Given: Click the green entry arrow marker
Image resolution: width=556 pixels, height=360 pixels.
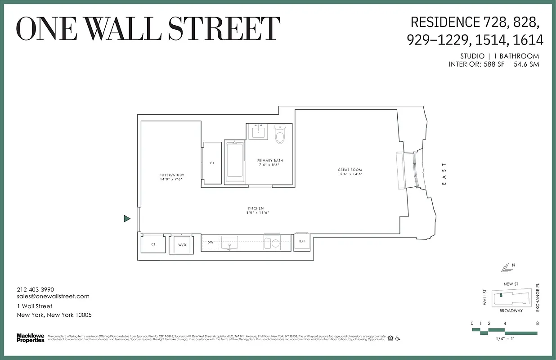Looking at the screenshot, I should tap(127, 219).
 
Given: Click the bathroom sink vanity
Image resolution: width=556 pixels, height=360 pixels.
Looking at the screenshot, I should tap(259, 131).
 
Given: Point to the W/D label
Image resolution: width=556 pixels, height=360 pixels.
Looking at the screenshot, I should tap(182, 245).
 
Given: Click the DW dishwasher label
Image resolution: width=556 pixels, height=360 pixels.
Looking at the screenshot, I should tap(210, 243).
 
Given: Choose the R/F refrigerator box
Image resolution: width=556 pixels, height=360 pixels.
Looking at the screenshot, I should tap(302, 242).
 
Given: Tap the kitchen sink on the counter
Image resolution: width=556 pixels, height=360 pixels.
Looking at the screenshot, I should tap(229, 242).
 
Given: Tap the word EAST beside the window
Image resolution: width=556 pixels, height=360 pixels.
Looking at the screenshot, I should tap(444, 174).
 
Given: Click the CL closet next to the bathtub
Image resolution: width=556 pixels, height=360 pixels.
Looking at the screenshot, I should tap(212, 163).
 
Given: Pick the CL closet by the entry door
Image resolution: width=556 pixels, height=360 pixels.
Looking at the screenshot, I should tap(153, 244).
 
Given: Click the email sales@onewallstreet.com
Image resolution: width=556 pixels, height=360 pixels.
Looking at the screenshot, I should tap(53, 296).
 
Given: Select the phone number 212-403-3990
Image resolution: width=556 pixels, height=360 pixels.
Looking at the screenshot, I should tap(35, 289).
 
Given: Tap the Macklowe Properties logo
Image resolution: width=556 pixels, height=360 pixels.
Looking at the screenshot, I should tap(31, 337).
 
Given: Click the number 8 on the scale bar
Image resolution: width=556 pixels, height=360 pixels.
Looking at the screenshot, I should tap(537, 323).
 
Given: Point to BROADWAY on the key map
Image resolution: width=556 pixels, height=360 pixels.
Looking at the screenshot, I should tap(511, 310).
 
